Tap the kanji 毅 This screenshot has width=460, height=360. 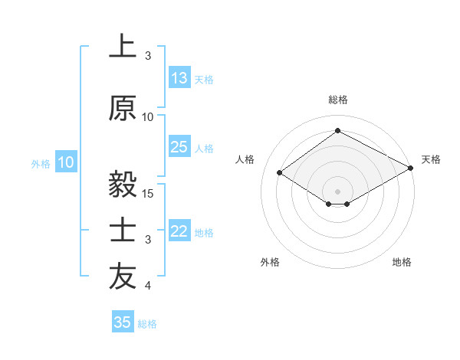point(123,185)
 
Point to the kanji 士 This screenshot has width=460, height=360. point(123,231)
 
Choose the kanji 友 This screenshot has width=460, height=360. point(123,277)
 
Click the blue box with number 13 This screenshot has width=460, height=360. point(179,78)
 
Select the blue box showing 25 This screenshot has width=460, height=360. point(179,147)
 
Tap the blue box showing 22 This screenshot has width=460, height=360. point(179,231)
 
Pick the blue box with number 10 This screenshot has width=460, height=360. point(66,162)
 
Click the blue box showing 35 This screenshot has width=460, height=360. point(123,322)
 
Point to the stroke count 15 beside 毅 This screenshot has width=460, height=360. point(149,193)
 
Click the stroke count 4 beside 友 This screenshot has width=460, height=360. point(149,286)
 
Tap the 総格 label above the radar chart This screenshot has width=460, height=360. point(337,100)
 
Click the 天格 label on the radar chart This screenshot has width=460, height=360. point(431,159)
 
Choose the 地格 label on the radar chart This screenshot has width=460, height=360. point(402,262)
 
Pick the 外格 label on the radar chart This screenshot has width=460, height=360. point(270,262)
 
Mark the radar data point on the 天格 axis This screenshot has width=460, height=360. point(412,168)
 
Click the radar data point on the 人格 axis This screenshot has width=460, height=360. point(280,172)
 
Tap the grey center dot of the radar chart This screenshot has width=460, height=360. point(337,190)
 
